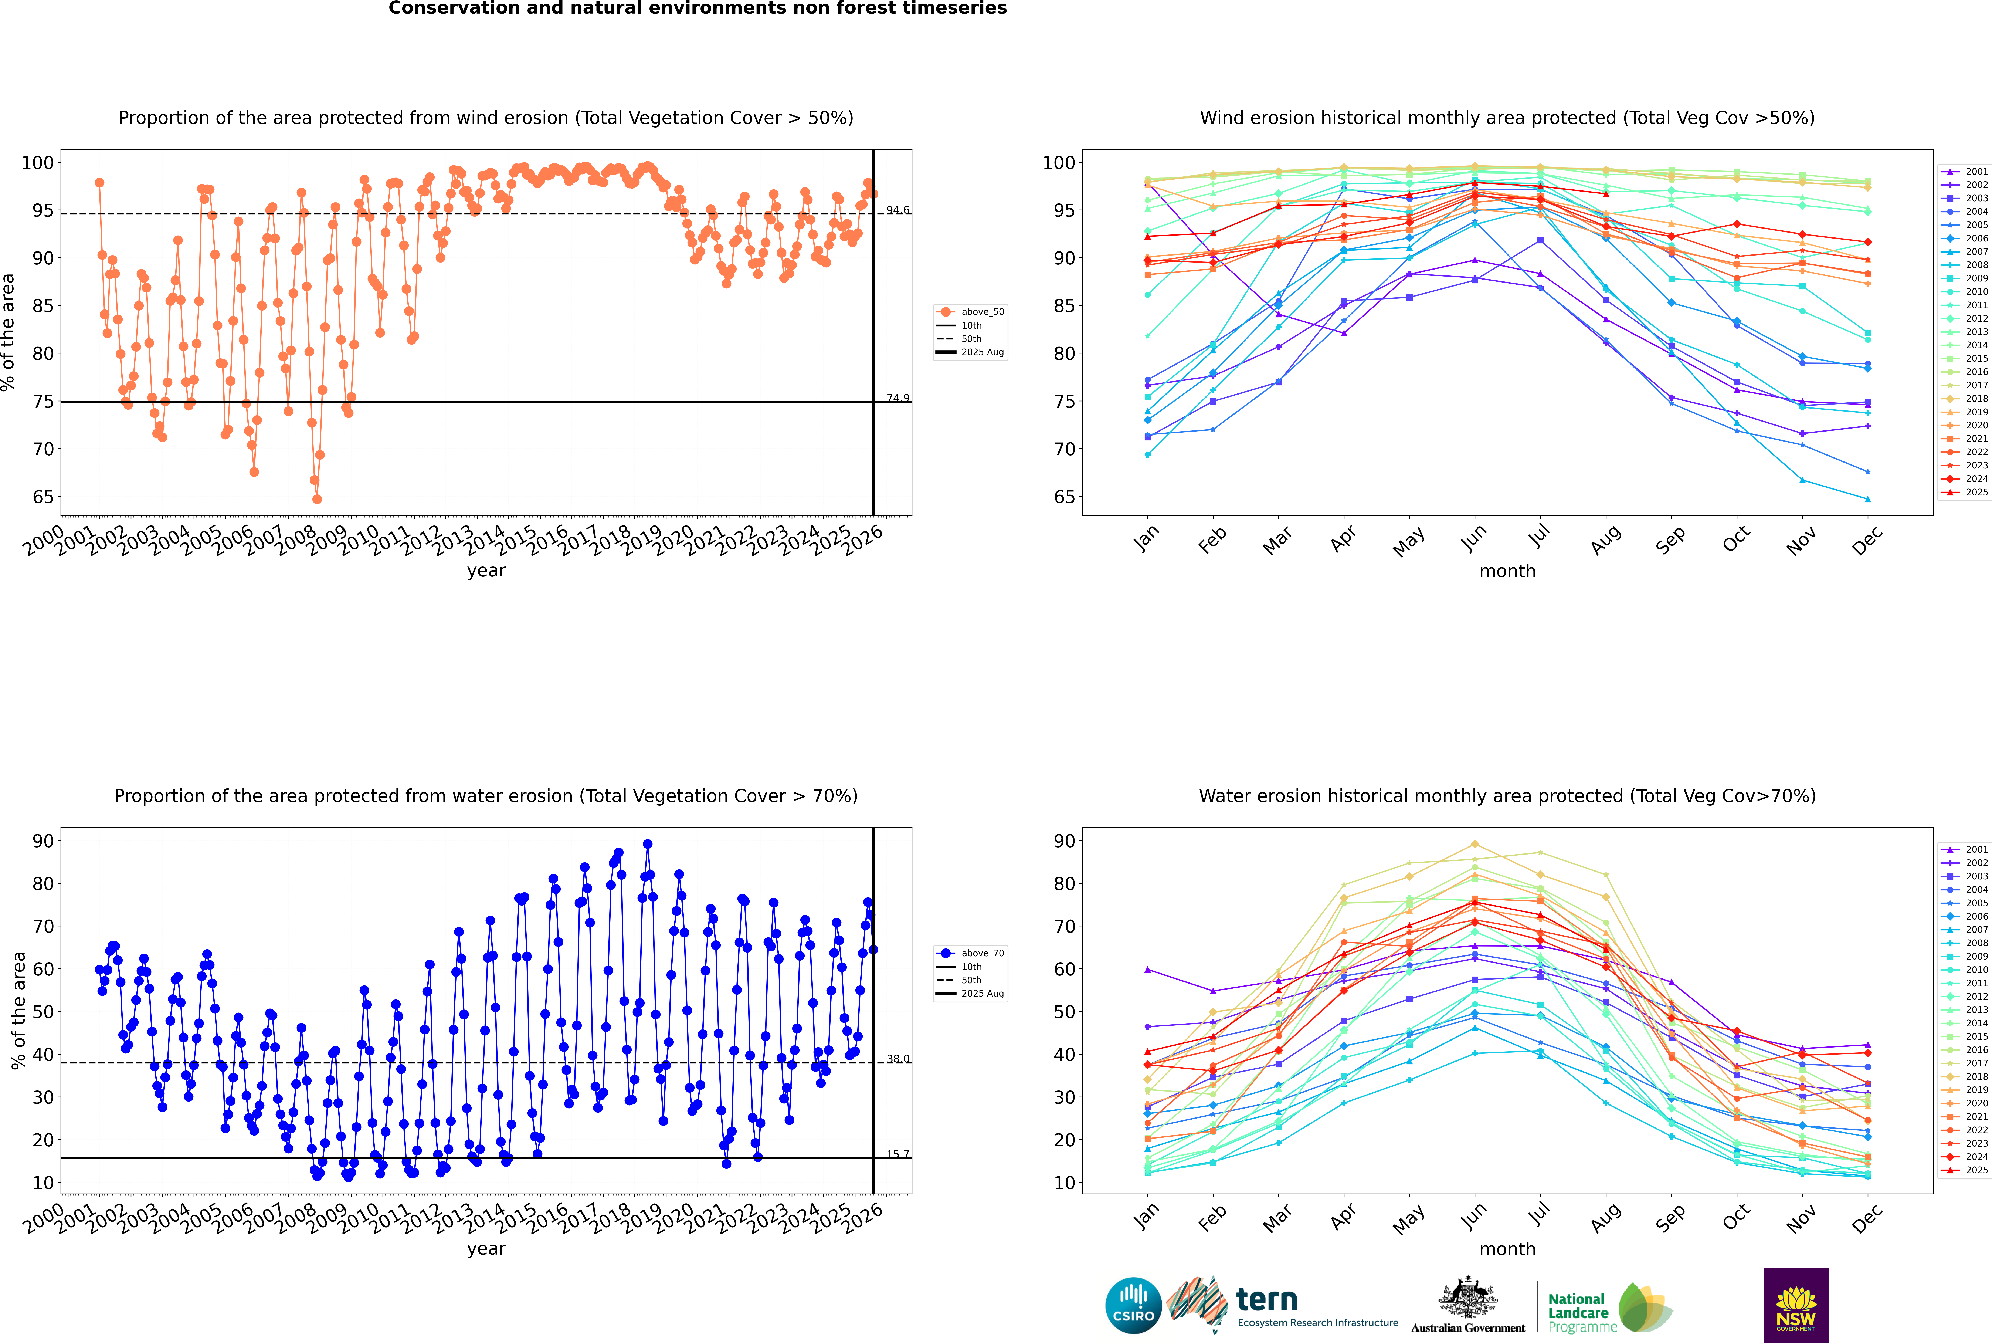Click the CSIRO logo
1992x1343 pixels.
pyautogui.click(x=1133, y=1305)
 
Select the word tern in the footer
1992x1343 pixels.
pyautogui.click(x=1267, y=1300)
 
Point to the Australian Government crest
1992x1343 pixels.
pyautogui.click(x=1468, y=1298)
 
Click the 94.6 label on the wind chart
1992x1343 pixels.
pyautogui.click(x=897, y=211)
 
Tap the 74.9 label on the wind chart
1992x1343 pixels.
pyautogui.click(x=897, y=398)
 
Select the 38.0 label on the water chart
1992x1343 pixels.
pyautogui.click(x=897, y=1059)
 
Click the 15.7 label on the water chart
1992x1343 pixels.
pyautogui.click(x=897, y=1155)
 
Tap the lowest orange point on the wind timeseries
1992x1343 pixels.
pyautogui.click(x=317, y=499)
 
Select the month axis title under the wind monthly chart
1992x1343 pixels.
pyautogui.click(x=1507, y=571)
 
